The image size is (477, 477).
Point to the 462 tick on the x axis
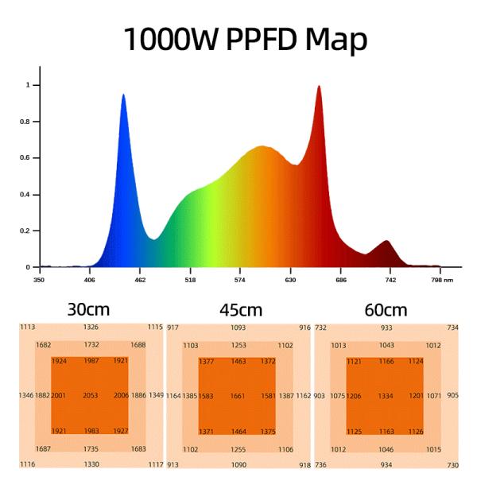tap(140, 280)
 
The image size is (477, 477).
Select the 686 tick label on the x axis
tap(341, 280)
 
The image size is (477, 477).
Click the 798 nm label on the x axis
tap(441, 280)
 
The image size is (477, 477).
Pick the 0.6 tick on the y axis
tap(27, 158)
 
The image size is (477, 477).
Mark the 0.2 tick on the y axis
tap(27, 231)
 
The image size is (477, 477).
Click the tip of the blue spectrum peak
tap(123, 95)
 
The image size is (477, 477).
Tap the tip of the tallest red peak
tap(319, 86)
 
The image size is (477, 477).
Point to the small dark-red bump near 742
tap(386, 241)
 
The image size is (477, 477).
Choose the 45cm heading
tap(240, 309)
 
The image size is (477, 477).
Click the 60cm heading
tap(386, 309)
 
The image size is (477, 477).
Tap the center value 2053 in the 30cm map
tap(91, 395)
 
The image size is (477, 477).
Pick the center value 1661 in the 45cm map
tap(238, 395)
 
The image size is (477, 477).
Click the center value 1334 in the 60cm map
tap(386, 395)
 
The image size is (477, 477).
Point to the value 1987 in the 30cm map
tap(91, 361)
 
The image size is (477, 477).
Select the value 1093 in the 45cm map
tap(238, 327)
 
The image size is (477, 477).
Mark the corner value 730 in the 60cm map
tap(452, 464)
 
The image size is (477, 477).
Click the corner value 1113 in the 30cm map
tap(27, 327)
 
